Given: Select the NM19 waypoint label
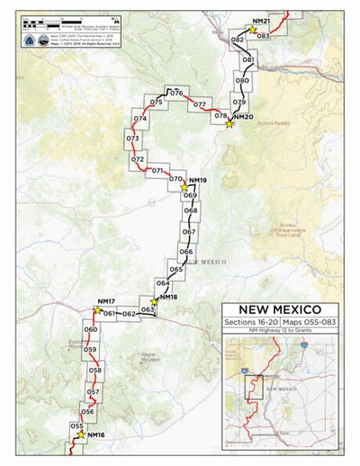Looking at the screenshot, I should pyautogui.click(x=198, y=181).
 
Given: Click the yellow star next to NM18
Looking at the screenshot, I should pyautogui.click(x=154, y=303).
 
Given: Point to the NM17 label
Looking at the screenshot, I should pyautogui.click(x=105, y=300).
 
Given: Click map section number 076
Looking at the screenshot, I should pyautogui.click(x=177, y=94).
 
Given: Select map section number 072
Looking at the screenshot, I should pyautogui.click(x=137, y=159).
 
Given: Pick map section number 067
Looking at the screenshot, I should pyautogui.click(x=189, y=231).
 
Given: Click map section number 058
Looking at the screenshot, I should pyautogui.click(x=94, y=369).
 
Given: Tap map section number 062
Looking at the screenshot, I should pyautogui.click(x=129, y=313).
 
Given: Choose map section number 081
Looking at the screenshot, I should pyautogui.click(x=247, y=59).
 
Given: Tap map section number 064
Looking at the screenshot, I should pyautogui.click(x=163, y=283).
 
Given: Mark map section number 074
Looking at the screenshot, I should pyautogui.click(x=139, y=119).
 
